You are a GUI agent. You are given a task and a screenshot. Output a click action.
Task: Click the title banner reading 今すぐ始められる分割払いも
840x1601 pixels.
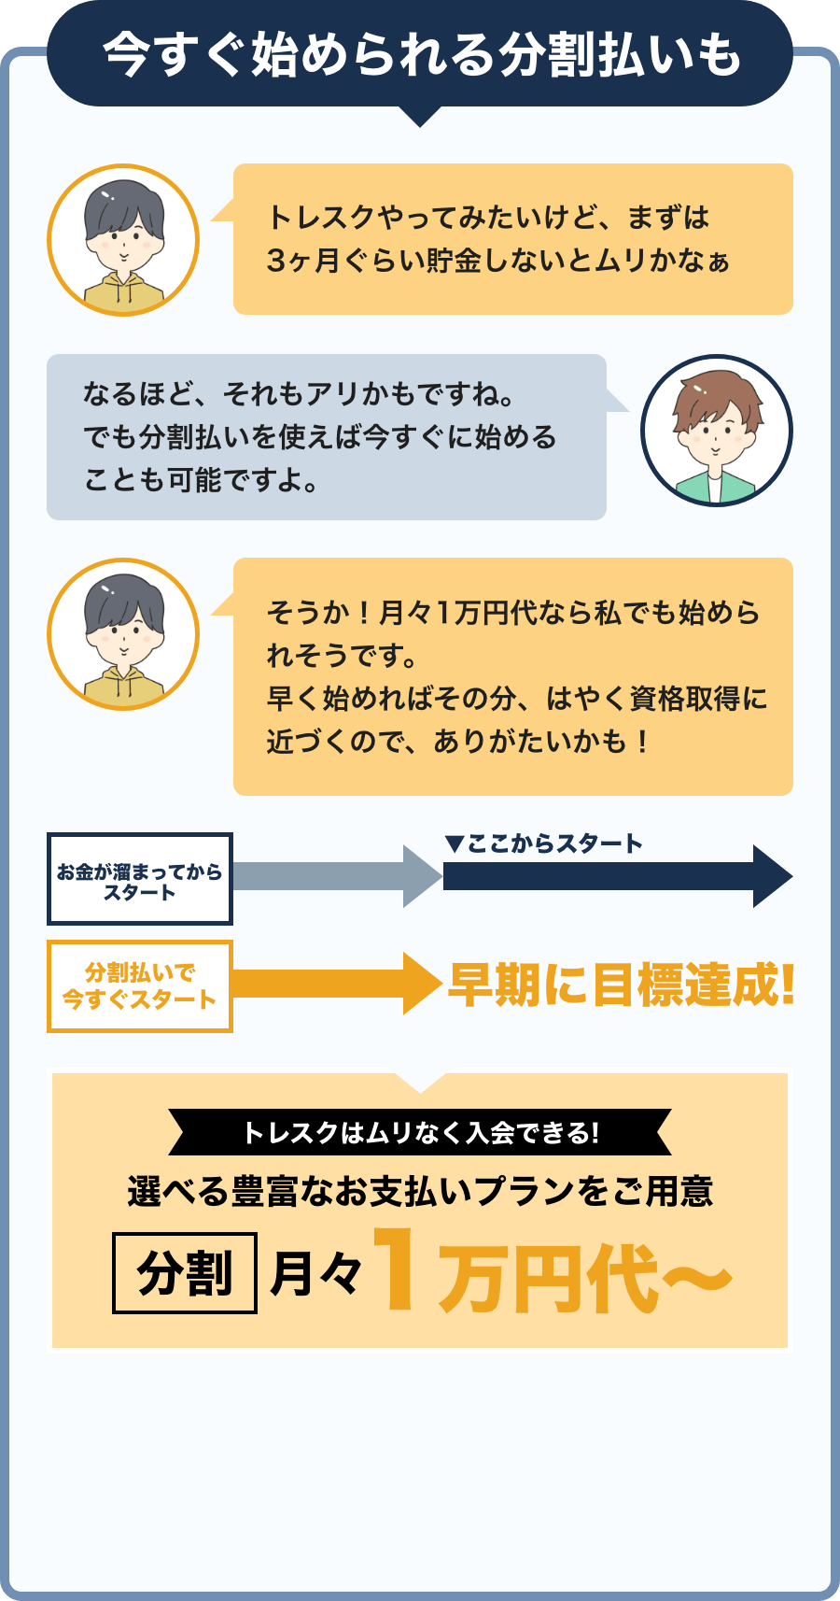coord(420,54)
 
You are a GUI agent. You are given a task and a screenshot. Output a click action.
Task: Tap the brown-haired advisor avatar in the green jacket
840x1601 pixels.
coord(716,431)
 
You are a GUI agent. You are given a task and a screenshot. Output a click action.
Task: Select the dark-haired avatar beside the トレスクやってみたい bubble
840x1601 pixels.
coord(123,240)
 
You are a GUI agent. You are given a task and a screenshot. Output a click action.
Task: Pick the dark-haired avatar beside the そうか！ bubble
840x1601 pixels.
coord(123,634)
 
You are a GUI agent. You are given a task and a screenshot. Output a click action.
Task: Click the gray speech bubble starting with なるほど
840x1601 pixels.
coord(327,436)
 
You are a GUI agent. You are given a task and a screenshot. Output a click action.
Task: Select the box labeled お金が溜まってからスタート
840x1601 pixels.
coord(140,879)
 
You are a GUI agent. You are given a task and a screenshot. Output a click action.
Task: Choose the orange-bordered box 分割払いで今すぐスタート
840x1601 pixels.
coord(140,986)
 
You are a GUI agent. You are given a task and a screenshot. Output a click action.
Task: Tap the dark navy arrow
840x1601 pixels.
coord(616,876)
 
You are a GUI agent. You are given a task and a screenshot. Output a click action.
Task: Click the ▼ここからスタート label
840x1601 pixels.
coord(544,844)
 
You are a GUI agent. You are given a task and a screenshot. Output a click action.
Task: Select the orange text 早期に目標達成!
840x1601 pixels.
coord(622,985)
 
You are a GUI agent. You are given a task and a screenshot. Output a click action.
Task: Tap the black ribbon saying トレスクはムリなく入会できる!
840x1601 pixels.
coord(420,1133)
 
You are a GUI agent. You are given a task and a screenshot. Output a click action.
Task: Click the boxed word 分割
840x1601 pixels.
coord(185,1273)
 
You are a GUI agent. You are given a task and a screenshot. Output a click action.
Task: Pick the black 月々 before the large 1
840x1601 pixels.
coord(315,1273)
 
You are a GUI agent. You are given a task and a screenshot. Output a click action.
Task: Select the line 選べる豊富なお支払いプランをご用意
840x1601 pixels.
coord(420,1191)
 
